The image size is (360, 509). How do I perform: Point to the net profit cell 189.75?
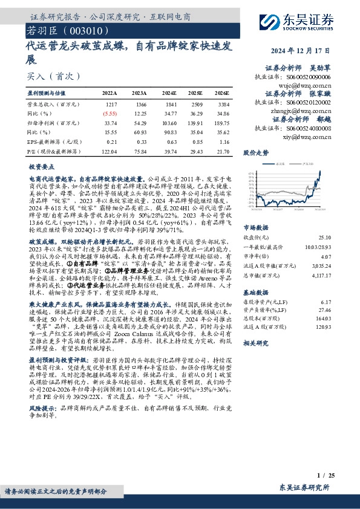coord(221,122)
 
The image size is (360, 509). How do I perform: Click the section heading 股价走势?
coord(255,154)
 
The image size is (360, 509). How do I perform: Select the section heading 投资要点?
coord(41,166)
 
